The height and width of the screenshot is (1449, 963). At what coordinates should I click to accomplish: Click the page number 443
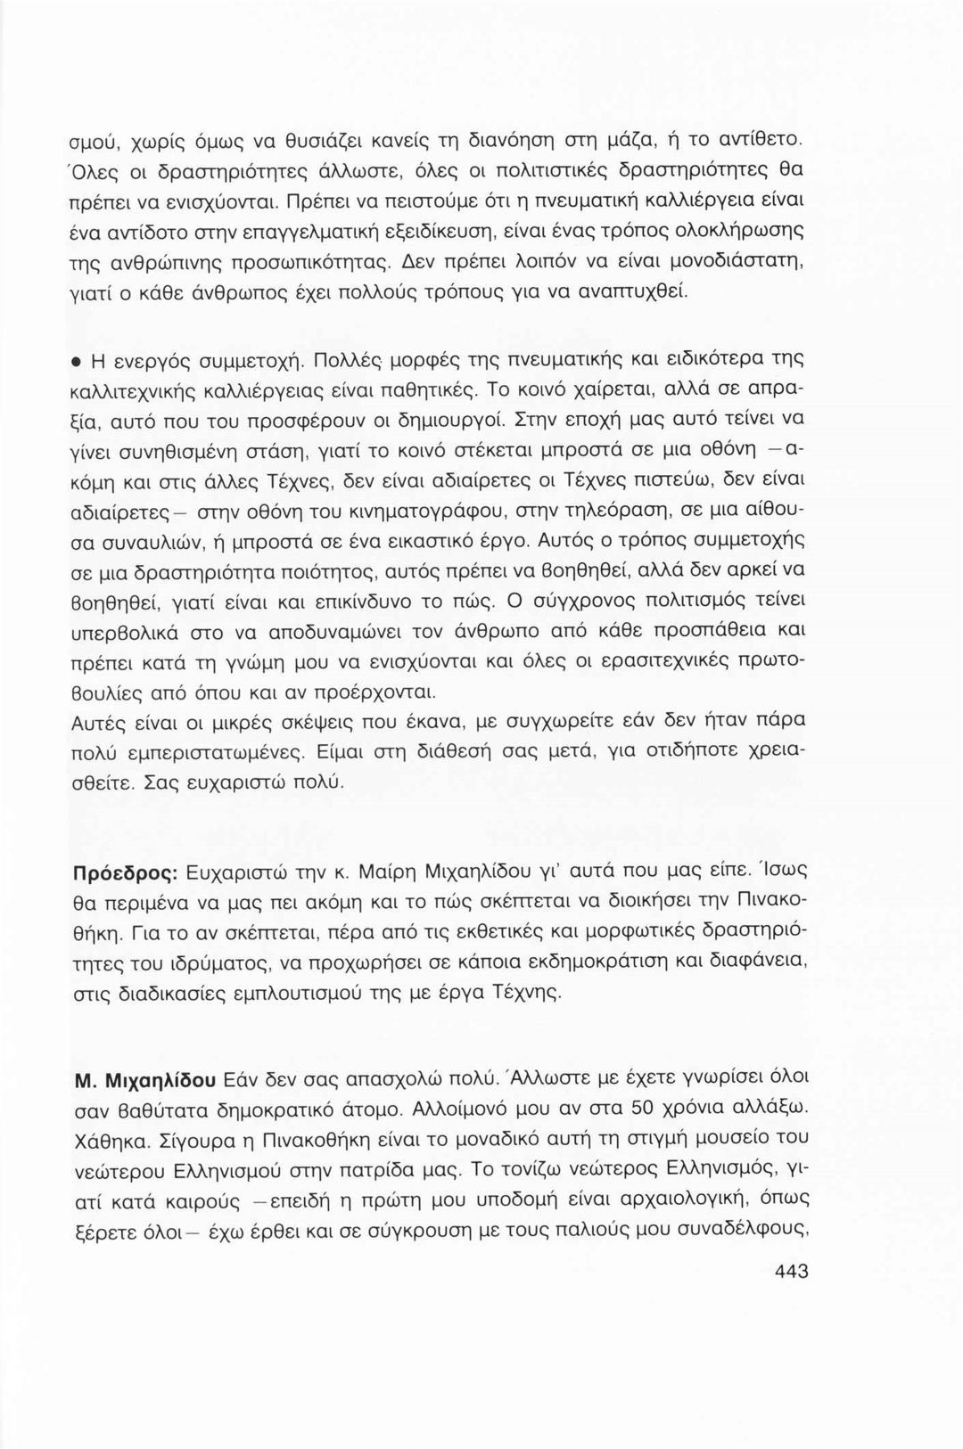(x=792, y=1272)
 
